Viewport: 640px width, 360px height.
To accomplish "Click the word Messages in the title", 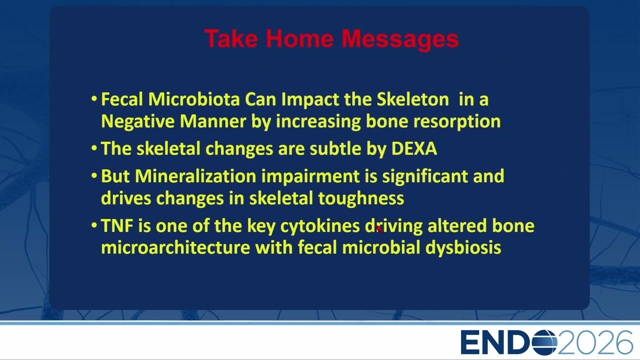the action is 400,39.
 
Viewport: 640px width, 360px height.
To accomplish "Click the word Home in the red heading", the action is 299,38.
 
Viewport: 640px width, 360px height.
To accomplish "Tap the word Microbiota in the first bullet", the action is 194,99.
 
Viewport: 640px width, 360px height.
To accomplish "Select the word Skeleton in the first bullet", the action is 413,99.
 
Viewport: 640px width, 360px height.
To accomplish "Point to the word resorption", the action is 457,121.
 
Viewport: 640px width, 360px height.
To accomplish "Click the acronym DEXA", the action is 414,148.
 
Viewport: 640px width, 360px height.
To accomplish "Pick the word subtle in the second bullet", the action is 335,148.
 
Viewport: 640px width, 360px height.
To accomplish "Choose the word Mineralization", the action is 195,176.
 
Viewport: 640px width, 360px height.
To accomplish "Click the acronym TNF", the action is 117,225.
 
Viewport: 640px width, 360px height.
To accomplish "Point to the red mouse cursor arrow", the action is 379,228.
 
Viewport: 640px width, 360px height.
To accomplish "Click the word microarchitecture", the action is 175,247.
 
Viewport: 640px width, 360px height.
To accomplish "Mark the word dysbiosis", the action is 463,247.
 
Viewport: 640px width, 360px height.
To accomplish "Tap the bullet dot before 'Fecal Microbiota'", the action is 94,99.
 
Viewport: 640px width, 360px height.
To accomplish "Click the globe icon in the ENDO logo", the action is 544,342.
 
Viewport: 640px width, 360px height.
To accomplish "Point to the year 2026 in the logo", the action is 595,342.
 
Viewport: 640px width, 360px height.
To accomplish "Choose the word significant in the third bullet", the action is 425,176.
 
